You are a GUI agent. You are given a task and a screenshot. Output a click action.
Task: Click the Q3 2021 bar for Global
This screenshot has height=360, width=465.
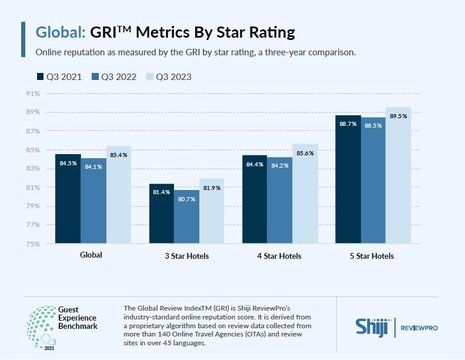coord(67,198)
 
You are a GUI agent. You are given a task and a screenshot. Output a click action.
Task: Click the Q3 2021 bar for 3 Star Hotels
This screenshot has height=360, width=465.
coord(134,213)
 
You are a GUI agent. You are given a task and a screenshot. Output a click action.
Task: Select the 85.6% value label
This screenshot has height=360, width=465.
coord(304,153)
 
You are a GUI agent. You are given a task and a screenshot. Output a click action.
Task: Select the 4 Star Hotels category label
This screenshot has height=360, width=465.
coord(277,255)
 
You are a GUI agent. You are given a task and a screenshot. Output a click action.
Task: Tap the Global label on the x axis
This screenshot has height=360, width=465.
coord(93,255)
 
